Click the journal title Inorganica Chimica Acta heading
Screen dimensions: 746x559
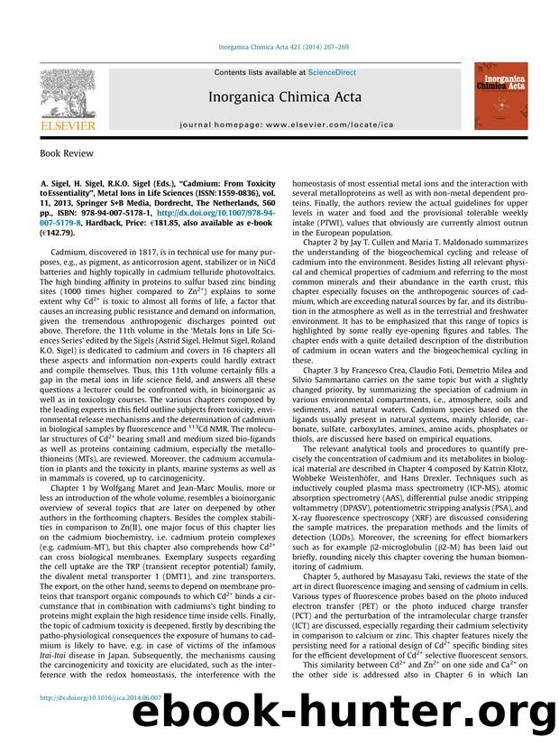point(285,97)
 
